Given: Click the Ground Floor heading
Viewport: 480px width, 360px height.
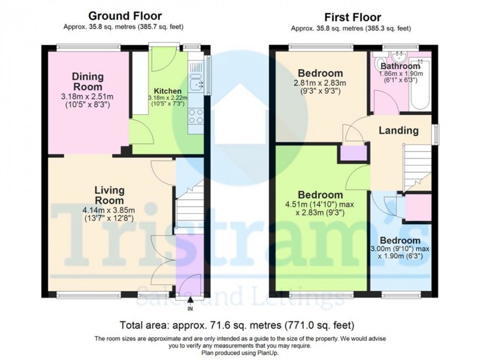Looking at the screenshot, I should [125, 17].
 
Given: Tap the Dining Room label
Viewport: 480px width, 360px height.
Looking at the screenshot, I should [88, 81].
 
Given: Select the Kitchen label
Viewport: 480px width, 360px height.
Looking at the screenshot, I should [168, 91].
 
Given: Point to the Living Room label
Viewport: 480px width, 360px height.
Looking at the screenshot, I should [109, 196].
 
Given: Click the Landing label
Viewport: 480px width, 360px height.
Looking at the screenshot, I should [399, 130].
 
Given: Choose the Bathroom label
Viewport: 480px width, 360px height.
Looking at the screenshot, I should [400, 66].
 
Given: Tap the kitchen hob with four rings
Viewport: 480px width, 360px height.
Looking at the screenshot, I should [195, 116].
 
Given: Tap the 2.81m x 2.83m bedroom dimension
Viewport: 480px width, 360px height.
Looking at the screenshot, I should [320, 84].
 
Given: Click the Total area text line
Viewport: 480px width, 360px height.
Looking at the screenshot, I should [237, 325].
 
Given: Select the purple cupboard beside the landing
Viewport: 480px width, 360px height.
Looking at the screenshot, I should [353, 154].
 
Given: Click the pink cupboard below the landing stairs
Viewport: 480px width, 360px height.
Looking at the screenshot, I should [417, 207].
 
